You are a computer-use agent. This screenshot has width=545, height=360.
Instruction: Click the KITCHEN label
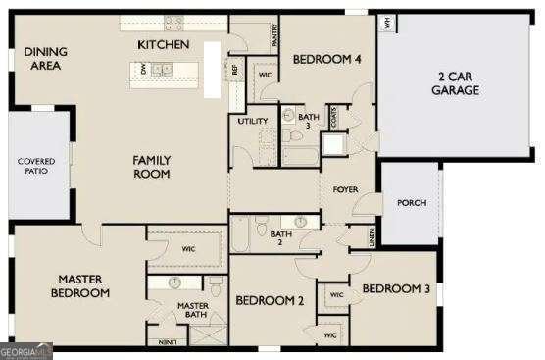[x=165, y=45]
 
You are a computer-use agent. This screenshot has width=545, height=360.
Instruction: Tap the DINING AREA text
[x=44, y=59]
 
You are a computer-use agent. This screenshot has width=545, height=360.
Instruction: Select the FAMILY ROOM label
[x=153, y=167]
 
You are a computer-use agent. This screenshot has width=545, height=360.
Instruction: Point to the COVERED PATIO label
[x=35, y=166]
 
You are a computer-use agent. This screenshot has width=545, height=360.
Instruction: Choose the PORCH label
[x=412, y=203]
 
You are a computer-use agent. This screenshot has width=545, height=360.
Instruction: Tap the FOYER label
[x=345, y=189]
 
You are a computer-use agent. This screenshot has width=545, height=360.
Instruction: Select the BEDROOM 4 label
[x=327, y=60]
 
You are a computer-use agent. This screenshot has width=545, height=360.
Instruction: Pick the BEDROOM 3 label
[x=396, y=288]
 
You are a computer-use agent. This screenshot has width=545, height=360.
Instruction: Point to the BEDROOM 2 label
[x=270, y=300]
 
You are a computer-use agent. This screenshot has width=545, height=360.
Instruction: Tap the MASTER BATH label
[x=193, y=311]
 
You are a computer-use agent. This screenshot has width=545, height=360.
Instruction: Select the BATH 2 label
[x=281, y=237]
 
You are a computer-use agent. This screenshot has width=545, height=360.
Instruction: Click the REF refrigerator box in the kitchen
[x=234, y=70]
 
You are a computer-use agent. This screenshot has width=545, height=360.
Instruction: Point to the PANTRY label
[x=275, y=35]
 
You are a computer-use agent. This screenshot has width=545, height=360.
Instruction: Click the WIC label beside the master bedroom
[x=188, y=249]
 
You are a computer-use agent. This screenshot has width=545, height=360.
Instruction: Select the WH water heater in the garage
[x=387, y=22]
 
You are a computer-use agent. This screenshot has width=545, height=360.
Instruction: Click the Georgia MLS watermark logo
[x=26, y=350]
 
